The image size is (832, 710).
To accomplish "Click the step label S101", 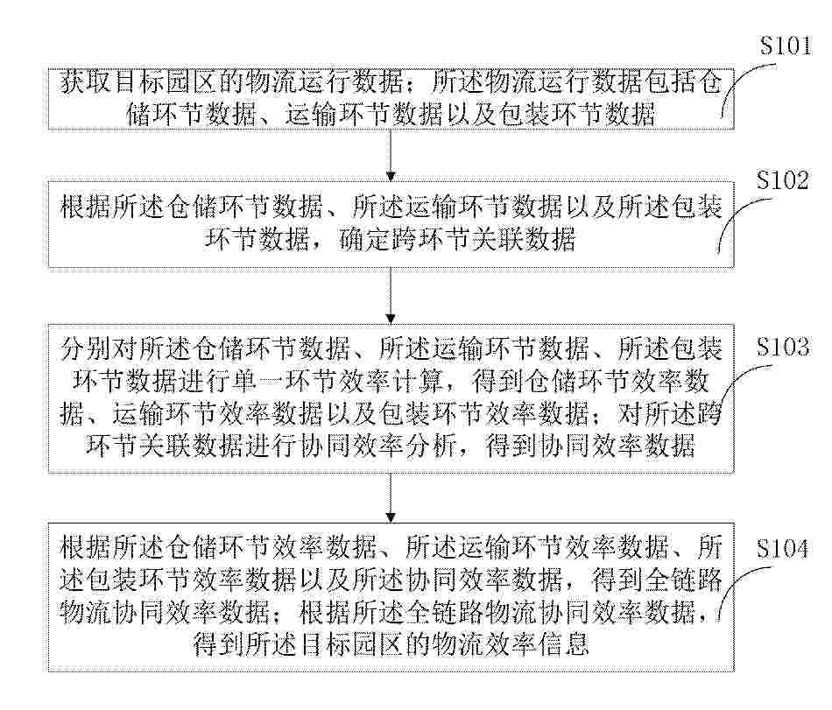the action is click(x=786, y=46).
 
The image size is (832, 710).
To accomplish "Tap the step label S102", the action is click(x=783, y=180).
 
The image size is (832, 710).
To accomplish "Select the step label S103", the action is click(x=783, y=347).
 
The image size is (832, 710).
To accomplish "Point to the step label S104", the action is click(x=783, y=548).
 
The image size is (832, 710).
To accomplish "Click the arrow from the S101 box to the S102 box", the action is click(x=391, y=155).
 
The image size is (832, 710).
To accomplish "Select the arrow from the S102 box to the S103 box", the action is click(x=391, y=295).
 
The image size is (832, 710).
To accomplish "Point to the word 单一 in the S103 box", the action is click(x=298, y=381).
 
